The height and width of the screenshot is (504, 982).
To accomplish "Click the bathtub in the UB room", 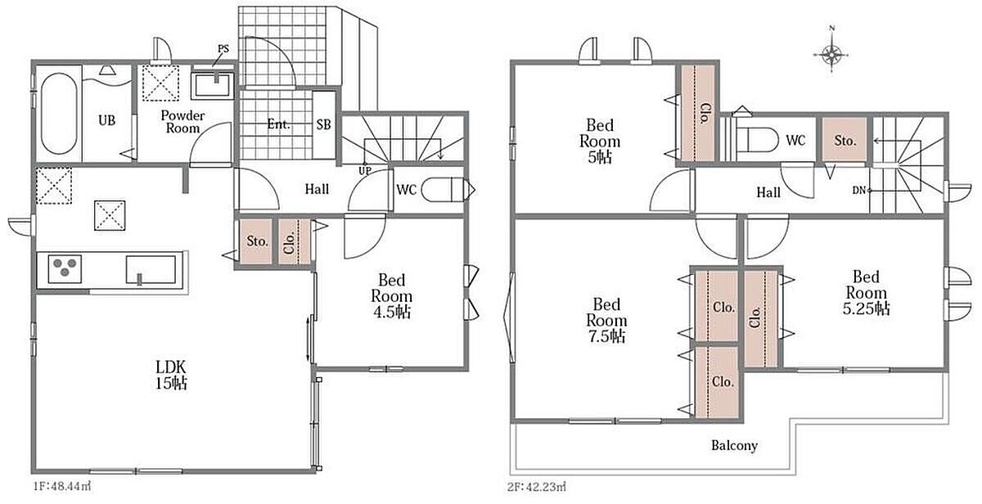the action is [59, 114].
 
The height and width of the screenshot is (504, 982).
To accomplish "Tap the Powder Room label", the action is [182, 122].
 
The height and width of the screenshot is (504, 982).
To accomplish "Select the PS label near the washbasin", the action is [223, 48].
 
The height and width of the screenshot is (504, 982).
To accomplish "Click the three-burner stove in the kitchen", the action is [65, 268].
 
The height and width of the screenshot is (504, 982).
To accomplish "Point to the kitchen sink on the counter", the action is [151, 270].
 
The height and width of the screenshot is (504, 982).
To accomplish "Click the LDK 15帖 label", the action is [171, 375].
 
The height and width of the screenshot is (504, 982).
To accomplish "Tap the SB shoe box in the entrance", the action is [324, 125].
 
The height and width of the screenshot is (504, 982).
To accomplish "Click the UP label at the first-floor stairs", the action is [365, 171].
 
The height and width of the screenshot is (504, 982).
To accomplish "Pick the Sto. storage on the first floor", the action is [256, 241].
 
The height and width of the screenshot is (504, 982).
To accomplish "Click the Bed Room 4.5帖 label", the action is [391, 296].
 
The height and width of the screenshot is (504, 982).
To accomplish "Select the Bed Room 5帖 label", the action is [600, 141].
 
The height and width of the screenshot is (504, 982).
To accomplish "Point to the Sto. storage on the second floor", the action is [845, 140].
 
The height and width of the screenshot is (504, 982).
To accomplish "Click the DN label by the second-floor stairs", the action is [858, 191].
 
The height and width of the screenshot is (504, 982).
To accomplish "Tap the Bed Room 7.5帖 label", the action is [606, 320].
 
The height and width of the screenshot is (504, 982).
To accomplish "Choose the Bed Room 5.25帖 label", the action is [867, 293].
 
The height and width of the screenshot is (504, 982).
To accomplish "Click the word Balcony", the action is [734, 446].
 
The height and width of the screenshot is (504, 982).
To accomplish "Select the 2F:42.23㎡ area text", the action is [536, 487].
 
